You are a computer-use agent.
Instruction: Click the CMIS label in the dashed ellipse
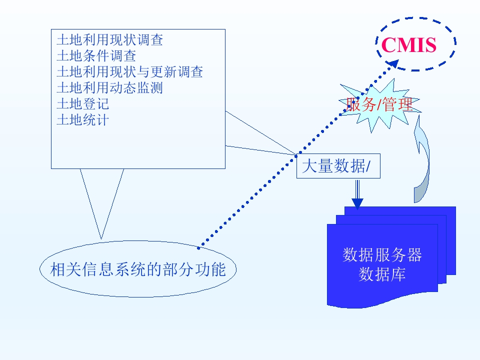[408, 45]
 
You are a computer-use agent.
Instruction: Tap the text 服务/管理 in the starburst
[380, 104]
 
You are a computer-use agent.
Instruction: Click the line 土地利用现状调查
[109, 40]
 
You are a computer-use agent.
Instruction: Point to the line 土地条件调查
[96, 55]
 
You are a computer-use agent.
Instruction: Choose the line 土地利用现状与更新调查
[129, 71]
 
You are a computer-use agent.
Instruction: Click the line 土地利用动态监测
[109, 88]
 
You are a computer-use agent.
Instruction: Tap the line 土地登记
[82, 104]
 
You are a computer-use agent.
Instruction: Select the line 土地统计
[82, 120]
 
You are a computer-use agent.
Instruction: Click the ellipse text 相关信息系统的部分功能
[138, 270]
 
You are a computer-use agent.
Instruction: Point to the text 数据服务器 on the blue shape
[382, 255]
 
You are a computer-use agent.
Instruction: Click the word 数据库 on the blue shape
[382, 274]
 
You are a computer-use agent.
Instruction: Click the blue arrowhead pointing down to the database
[357, 203]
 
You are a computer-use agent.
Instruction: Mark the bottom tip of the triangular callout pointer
[101, 238]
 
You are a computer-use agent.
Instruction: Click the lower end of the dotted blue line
[199, 247]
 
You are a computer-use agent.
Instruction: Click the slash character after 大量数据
[368, 167]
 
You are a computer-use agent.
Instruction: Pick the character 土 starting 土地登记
[61, 104]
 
